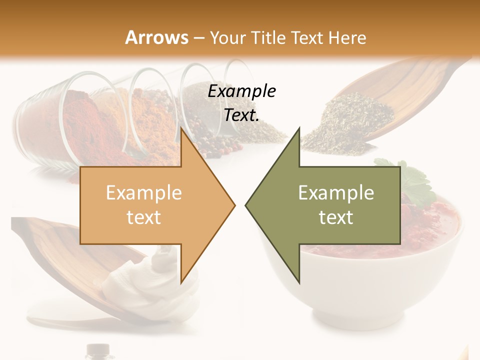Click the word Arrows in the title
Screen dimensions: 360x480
156,37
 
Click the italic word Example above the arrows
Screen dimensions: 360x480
241,91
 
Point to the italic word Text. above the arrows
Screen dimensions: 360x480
241,115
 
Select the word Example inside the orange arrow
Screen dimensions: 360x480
144,193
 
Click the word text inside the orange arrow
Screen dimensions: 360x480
144,217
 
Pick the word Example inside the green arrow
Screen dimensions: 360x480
336,193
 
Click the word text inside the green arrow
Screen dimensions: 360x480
336,217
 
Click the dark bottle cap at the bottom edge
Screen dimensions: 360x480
98,350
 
